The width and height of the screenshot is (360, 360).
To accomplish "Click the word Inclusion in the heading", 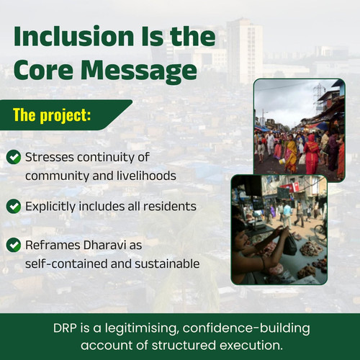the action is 73,36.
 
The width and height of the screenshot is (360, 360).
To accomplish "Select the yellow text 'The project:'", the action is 52,115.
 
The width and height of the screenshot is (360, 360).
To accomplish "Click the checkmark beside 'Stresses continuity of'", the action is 14,157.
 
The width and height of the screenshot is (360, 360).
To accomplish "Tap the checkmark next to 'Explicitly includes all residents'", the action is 14,206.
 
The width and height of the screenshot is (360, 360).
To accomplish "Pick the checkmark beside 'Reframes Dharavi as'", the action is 14,245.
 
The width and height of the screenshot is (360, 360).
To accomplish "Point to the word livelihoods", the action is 146,176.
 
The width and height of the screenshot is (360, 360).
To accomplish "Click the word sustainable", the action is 167,264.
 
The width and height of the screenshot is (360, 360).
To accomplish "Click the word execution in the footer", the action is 251,346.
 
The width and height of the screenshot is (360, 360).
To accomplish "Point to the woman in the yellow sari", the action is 291,153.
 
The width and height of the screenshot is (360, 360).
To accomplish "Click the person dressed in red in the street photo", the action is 312,153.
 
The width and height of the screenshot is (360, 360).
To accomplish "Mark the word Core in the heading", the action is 43,70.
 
